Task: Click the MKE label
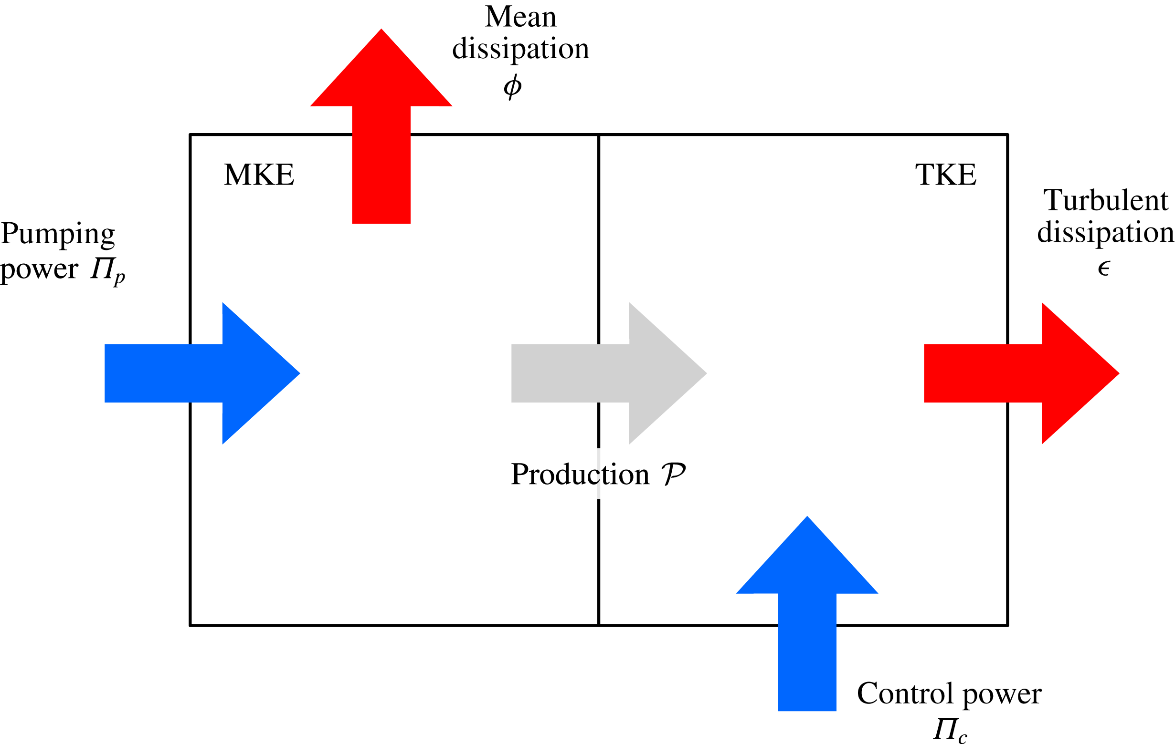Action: (259, 175)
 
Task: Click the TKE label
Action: (945, 175)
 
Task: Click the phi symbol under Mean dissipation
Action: (512, 87)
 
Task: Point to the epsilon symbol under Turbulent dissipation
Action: (1104, 268)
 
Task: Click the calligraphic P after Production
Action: (673, 475)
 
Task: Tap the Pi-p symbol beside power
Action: (107, 269)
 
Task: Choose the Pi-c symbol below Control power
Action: (949, 730)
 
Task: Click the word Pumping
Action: (58, 235)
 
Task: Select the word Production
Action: (580, 475)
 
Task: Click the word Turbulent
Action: (1105, 200)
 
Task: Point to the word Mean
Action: (520, 17)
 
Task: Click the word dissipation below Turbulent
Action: (1105, 233)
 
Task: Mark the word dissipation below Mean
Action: (520, 49)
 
